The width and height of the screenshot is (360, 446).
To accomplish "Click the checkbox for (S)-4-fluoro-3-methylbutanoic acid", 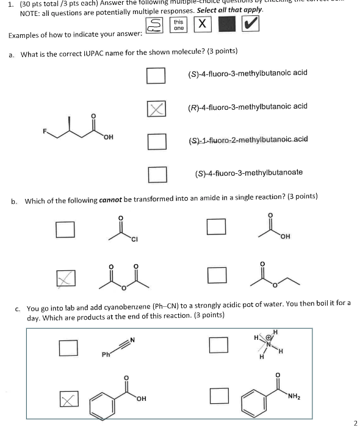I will point(156,76).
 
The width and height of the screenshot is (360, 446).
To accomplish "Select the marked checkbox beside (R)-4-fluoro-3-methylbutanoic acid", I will point(156,109).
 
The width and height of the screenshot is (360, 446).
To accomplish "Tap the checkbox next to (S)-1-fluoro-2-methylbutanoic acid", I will point(156,142).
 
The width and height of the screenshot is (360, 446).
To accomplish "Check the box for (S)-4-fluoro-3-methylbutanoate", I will point(156,174).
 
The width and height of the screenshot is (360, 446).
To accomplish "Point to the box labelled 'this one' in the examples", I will point(178,24).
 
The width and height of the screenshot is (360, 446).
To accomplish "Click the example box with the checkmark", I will point(250,24).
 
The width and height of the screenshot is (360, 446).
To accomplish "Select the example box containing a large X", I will point(202,24).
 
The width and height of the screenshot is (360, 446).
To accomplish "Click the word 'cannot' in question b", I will point(112,200).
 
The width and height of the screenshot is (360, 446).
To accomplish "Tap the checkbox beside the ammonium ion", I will point(218,345).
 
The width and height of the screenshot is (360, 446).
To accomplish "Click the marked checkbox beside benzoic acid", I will point(68,399).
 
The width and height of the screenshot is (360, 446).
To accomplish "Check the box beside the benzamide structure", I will point(218,396).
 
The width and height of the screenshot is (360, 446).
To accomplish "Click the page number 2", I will point(355,423).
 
